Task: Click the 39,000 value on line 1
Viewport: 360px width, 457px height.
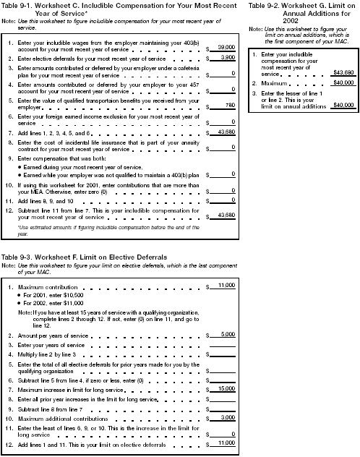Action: coord(226,45)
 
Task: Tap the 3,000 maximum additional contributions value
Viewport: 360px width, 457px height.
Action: coord(227,418)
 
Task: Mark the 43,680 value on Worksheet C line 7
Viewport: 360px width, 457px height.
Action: coord(226,132)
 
